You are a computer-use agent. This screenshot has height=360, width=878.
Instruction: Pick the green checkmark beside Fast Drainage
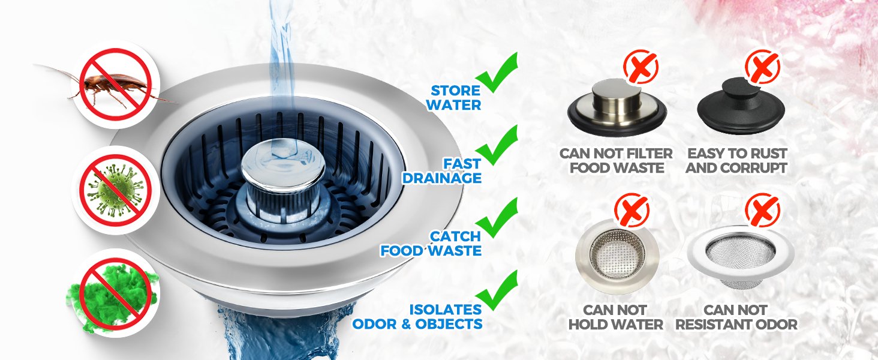[497, 145]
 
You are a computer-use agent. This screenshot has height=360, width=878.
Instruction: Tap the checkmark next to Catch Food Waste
[497, 218]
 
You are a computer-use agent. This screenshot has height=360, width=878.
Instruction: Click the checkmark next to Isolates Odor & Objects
[497, 290]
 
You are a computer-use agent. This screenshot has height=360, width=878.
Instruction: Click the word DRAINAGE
[442, 178]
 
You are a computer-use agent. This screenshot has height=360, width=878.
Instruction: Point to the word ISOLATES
[445, 310]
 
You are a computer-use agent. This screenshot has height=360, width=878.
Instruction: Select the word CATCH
[455, 236]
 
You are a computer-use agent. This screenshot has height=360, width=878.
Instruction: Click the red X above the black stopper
[762, 67]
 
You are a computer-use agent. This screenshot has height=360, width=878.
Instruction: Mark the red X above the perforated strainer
[632, 210]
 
